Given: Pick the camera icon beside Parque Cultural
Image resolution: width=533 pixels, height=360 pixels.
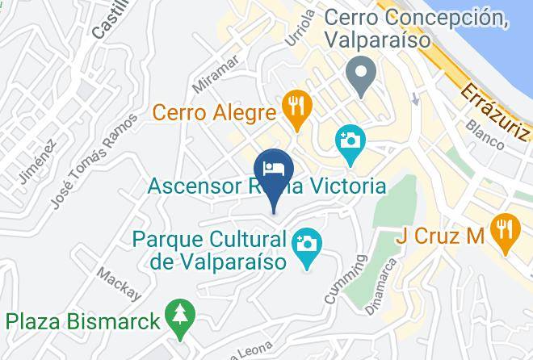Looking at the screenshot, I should click(x=307, y=242).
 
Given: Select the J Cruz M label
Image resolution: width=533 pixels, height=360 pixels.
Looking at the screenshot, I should click(x=439, y=237).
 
